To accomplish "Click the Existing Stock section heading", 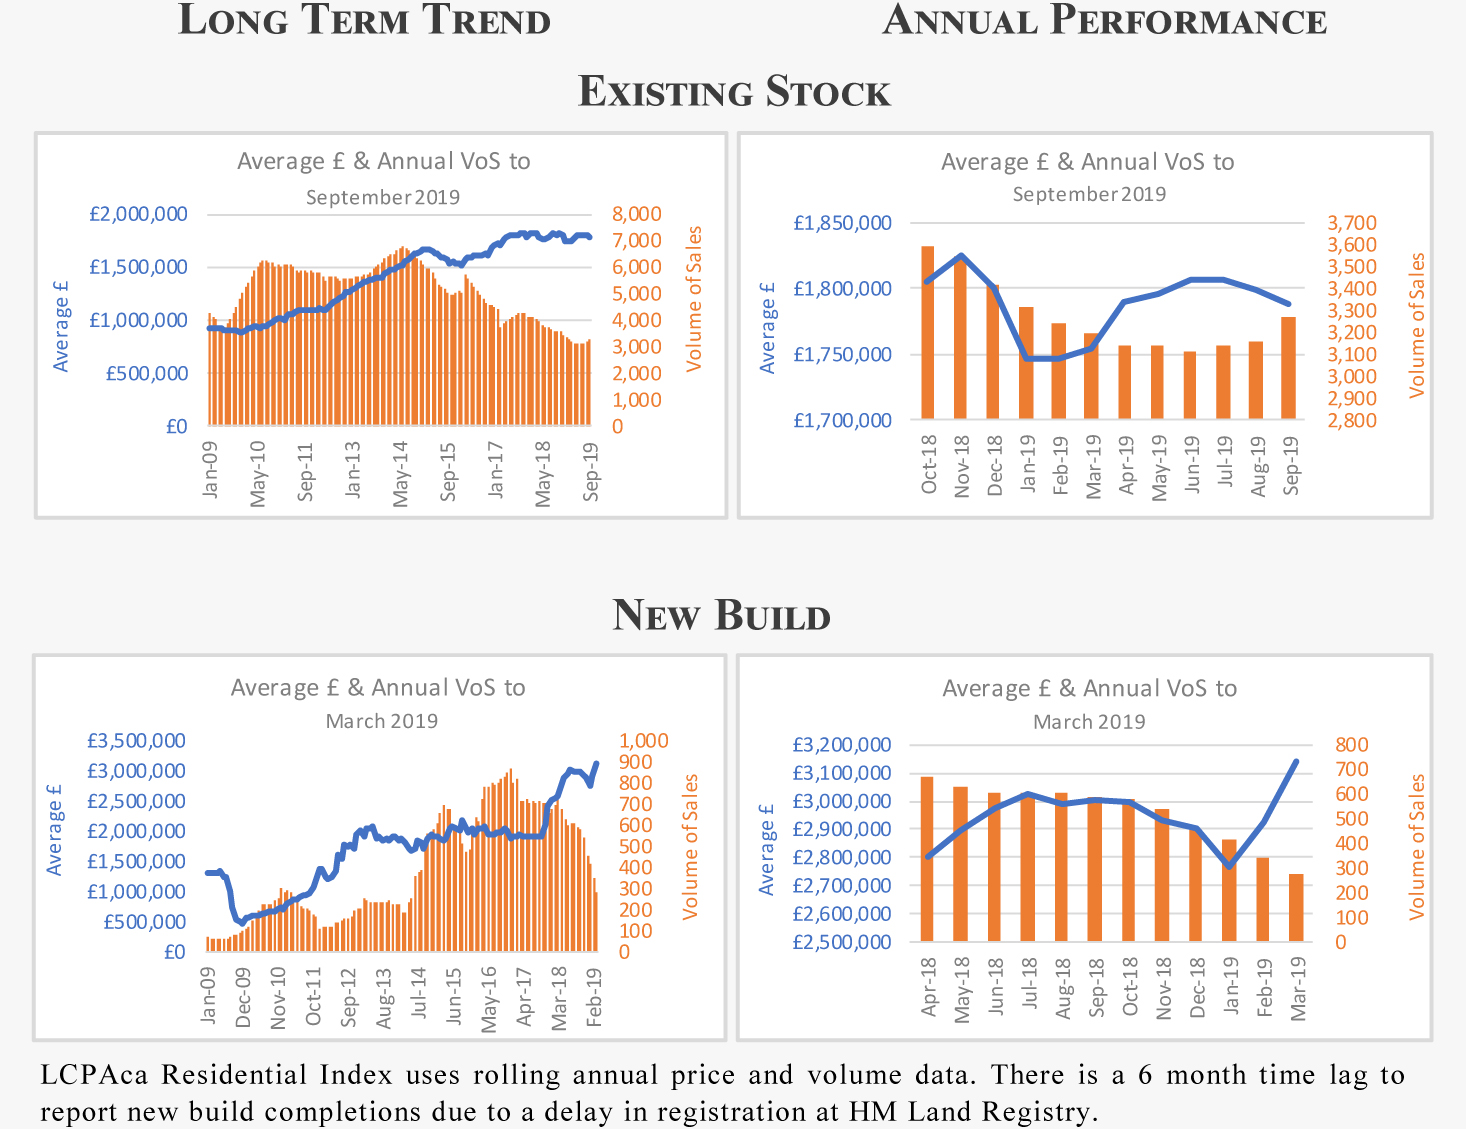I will pos(734,92).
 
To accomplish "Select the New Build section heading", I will pos(721,615).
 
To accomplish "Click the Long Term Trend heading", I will pos(364,20).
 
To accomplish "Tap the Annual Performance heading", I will pos(1104,20).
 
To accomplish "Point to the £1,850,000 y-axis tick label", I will pos(842,223).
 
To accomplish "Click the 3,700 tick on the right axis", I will pos(1352,223).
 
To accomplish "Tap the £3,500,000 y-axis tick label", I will pos(136,741).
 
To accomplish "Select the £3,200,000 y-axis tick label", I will pos(842,745).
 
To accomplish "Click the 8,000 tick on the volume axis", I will pos(637,214).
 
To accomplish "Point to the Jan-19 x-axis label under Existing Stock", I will pos(1028,463).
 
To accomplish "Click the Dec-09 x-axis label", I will pos(243,996).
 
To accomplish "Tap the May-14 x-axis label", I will pos(401,473).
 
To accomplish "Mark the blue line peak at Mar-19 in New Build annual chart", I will pos(1296,762).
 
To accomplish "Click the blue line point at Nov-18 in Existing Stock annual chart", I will pos(961,256).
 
